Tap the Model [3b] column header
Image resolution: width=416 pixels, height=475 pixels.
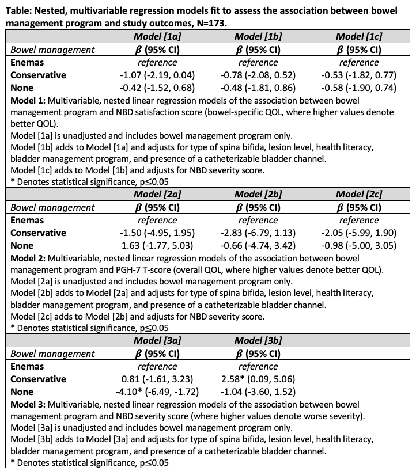tap(258, 341)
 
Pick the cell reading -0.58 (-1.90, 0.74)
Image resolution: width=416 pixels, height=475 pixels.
tap(359, 88)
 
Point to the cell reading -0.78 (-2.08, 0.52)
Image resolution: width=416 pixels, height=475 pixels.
tap(258, 75)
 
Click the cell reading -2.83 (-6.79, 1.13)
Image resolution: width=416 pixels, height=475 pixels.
tap(258, 233)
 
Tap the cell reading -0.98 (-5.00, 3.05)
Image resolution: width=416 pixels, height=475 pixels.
tap(359, 246)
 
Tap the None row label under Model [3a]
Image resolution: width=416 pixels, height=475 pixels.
tap(22, 392)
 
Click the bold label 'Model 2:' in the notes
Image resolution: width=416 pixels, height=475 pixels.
tap(29, 258)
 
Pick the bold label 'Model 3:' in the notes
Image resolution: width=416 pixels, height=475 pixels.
tap(29, 404)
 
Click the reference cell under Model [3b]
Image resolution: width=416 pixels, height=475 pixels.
tap(258, 366)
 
